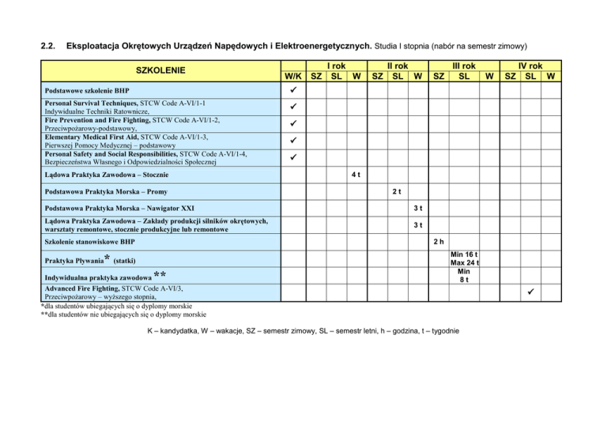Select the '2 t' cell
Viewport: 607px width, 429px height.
tap(400, 191)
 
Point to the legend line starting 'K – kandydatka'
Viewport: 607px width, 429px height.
tap(301, 329)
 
